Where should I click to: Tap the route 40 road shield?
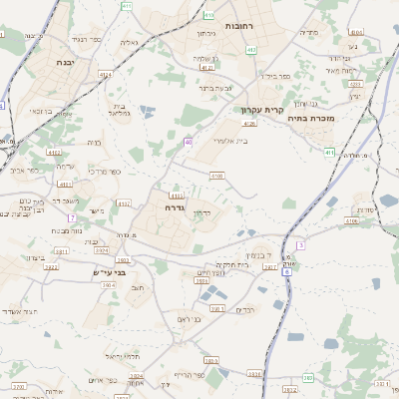click(188, 143)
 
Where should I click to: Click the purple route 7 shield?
click(72, 217)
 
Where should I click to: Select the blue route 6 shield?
click(286, 270)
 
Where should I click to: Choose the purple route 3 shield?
click(299, 244)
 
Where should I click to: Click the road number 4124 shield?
click(105, 73)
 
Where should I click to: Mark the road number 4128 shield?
click(249, 124)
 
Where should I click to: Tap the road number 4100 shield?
click(216, 176)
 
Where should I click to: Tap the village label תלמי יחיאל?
click(127, 356)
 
